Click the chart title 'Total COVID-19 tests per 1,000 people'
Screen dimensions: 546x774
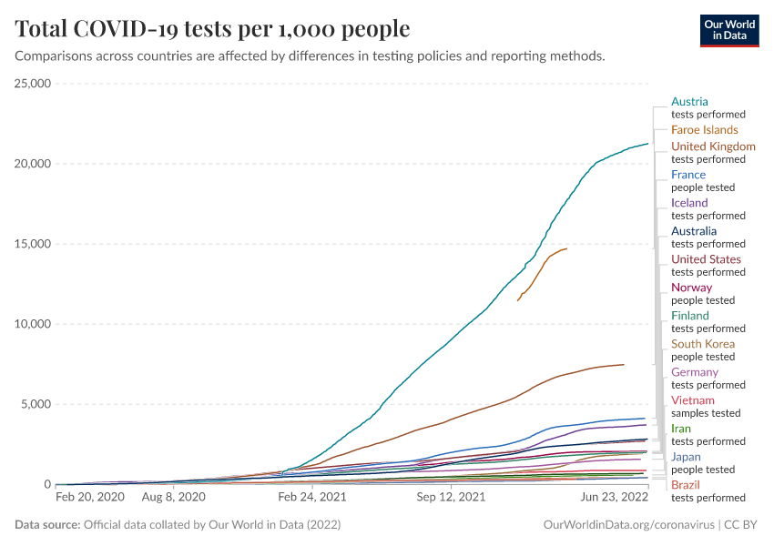(212, 29)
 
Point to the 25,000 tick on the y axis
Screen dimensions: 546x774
(34, 84)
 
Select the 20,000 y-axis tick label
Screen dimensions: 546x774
(34, 164)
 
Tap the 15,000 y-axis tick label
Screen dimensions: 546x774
(34, 244)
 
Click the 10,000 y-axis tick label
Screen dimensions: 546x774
(34, 324)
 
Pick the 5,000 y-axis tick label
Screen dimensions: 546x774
(37, 404)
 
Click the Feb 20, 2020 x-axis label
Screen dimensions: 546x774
(89, 499)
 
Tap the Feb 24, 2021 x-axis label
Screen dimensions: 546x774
(312, 499)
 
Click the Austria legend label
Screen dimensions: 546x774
(689, 102)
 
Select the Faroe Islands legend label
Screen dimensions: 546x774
(704, 130)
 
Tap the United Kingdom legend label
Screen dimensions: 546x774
(713, 147)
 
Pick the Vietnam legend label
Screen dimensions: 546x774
(692, 400)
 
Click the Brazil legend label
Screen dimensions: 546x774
(685, 485)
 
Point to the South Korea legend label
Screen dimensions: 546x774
(702, 344)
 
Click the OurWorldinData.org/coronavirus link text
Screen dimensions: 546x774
(627, 525)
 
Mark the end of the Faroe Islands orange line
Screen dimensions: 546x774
(566, 248)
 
